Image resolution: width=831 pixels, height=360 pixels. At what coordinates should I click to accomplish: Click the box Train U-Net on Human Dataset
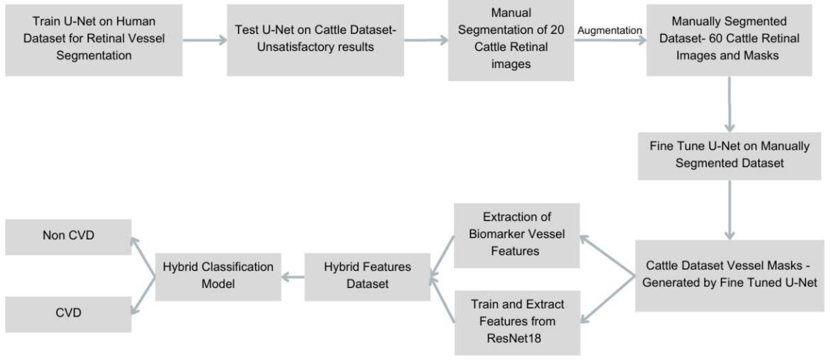(94, 40)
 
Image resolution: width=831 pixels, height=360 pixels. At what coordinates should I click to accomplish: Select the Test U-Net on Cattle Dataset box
(315, 40)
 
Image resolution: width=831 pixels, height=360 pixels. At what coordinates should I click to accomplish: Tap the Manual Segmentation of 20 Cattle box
(511, 40)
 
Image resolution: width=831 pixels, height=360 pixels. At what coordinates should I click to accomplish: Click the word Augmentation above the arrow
(609, 30)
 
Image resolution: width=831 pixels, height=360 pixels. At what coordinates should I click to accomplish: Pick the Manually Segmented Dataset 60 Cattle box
(729, 40)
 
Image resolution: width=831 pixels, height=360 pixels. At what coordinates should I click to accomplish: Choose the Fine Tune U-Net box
(729, 156)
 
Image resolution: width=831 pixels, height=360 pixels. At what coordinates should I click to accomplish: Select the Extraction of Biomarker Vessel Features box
(516, 235)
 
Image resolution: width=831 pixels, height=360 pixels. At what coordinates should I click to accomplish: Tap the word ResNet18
(514, 338)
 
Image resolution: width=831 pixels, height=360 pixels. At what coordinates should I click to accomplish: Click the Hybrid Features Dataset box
(367, 277)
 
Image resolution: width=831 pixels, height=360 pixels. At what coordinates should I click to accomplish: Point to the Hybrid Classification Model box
(218, 277)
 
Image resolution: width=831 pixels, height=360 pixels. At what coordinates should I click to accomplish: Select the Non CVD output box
(68, 237)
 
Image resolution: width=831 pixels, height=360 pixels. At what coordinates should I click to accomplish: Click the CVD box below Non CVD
(68, 314)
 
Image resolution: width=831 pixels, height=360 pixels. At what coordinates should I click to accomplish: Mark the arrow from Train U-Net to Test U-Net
(205, 40)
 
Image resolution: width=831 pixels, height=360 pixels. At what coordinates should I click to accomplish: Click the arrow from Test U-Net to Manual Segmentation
(426, 40)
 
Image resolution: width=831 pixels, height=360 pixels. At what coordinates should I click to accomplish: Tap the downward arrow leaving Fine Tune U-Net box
(729, 210)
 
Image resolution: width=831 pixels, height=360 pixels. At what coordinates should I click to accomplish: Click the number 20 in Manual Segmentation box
(557, 30)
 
